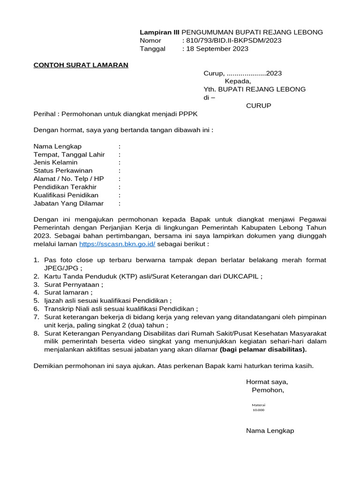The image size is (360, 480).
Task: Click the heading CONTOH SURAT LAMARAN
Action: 81,65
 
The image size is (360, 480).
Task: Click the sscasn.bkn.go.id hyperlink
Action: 117,244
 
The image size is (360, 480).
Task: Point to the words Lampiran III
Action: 159,32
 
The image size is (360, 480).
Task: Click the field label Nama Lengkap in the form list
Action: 58,146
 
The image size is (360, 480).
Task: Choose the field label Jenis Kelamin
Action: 55,162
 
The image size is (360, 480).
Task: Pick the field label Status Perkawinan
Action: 63,171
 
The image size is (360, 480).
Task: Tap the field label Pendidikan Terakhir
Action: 65,187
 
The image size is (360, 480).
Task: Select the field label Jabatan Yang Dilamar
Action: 68,203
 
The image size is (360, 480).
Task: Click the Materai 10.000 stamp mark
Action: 258,407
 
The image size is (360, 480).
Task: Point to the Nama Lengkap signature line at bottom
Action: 270,431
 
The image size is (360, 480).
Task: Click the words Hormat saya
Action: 267,382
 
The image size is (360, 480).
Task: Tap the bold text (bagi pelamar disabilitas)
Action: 263,349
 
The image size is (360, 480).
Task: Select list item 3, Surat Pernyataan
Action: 73,284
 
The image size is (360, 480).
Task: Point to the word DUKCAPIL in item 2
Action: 244,276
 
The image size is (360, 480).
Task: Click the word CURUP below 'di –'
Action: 259,105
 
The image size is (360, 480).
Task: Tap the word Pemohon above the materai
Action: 267,390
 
